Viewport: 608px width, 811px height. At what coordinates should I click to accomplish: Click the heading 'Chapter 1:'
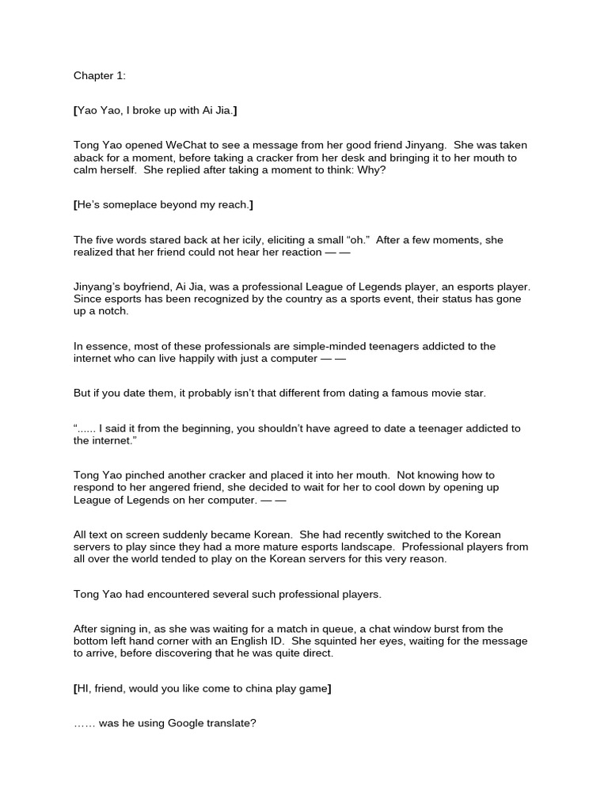(x=99, y=76)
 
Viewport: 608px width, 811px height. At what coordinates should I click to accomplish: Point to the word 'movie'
(x=420, y=394)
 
